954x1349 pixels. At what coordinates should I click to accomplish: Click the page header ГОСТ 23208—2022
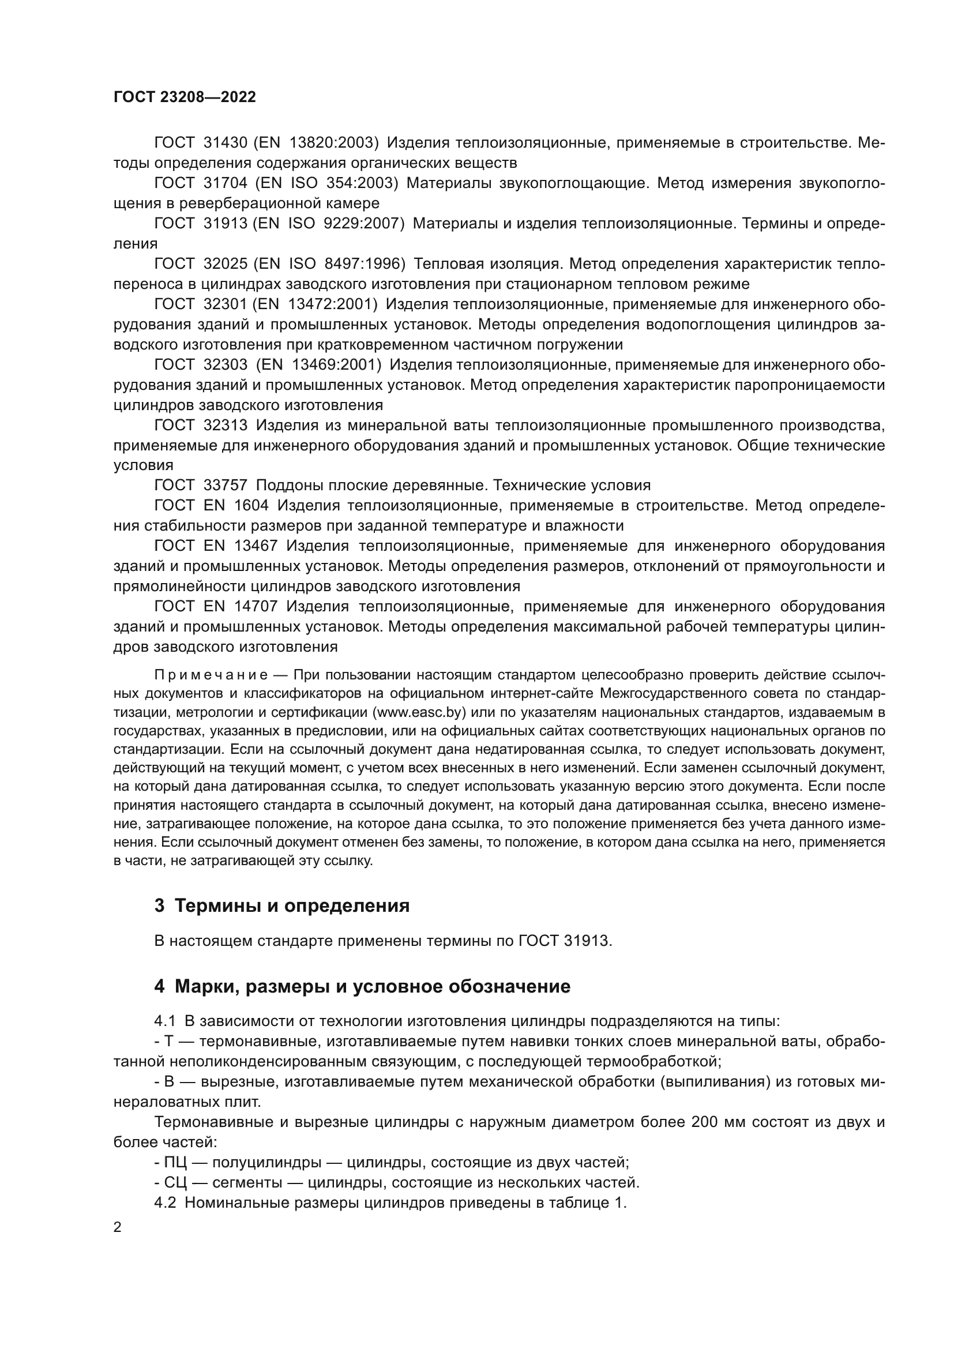185,97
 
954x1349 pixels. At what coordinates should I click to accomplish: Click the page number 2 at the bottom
118,1227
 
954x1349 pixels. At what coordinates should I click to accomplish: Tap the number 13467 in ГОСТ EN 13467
256,546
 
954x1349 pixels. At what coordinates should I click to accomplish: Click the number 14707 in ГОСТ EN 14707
256,606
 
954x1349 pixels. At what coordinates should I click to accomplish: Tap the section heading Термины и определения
292,906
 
